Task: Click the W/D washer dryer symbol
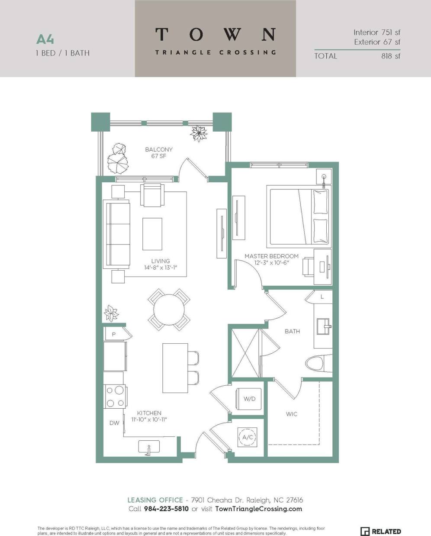[x=249, y=399]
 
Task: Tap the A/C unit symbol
[x=248, y=437]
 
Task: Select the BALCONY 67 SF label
[x=159, y=153]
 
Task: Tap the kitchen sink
[x=149, y=447]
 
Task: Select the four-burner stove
[x=115, y=396]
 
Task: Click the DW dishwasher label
[x=114, y=423]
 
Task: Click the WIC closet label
[x=292, y=414]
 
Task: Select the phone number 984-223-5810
[x=166, y=509]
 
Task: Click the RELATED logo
[x=381, y=531]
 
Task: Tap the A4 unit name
[x=45, y=39]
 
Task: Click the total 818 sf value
[x=391, y=56]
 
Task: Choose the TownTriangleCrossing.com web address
[x=258, y=509]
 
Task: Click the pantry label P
[x=113, y=334]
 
